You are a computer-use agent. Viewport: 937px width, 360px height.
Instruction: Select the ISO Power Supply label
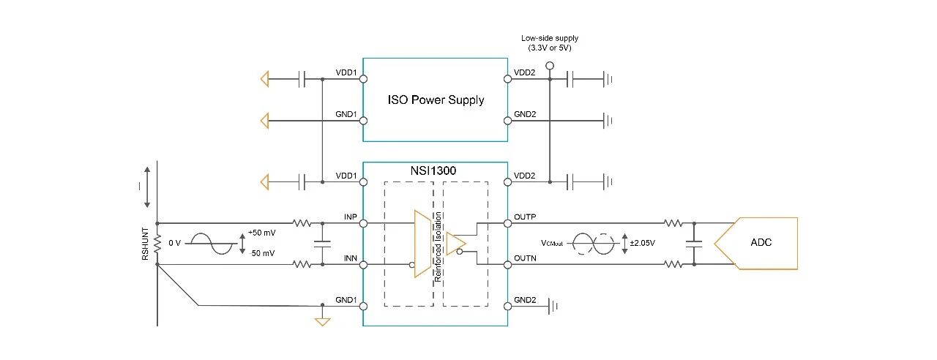tap(436, 100)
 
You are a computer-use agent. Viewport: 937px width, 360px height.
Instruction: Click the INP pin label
tap(350, 217)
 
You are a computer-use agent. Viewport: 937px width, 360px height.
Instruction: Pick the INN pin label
tap(350, 258)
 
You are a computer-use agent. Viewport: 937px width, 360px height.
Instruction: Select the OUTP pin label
tap(526, 217)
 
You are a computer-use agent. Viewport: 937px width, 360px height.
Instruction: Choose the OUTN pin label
tap(526, 258)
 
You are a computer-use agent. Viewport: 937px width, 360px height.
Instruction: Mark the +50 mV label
tap(262, 232)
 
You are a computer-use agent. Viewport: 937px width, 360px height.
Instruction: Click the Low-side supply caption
tap(549, 42)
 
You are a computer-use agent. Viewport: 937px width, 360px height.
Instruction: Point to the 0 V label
tap(175, 243)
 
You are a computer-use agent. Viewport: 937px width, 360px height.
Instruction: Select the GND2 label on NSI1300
tap(525, 300)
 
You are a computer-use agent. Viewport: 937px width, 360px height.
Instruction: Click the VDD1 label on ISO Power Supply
tap(346, 73)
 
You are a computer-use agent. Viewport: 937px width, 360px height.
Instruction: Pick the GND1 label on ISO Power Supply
tap(346, 114)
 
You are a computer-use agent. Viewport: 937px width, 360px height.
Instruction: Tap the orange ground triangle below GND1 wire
tap(322, 320)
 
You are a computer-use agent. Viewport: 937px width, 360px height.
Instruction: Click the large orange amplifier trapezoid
tap(422, 244)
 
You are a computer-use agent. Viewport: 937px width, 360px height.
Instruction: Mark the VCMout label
tap(553, 243)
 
